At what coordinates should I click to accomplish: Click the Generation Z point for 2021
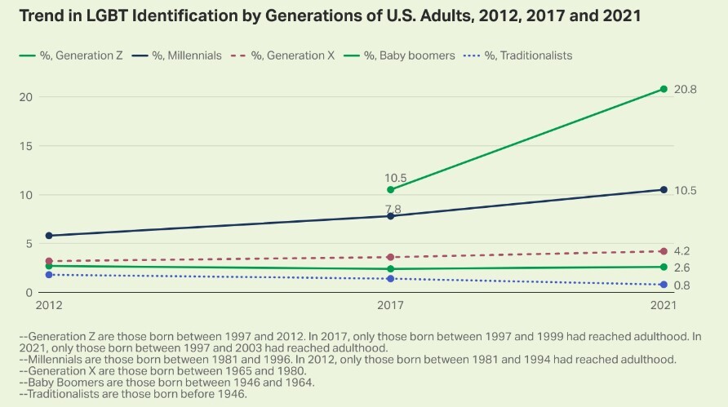pos(664,89)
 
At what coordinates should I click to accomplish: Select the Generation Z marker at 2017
pos(390,189)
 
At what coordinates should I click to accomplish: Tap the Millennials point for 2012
pos(49,236)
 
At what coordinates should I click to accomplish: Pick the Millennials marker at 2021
pos(664,190)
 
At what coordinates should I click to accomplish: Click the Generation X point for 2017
pos(390,257)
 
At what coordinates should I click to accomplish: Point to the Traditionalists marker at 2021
pos(664,285)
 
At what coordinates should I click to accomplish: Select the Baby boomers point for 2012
pos(49,266)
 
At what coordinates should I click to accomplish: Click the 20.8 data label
pos(685,89)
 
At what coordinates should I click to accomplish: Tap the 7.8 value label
pos(394,210)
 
